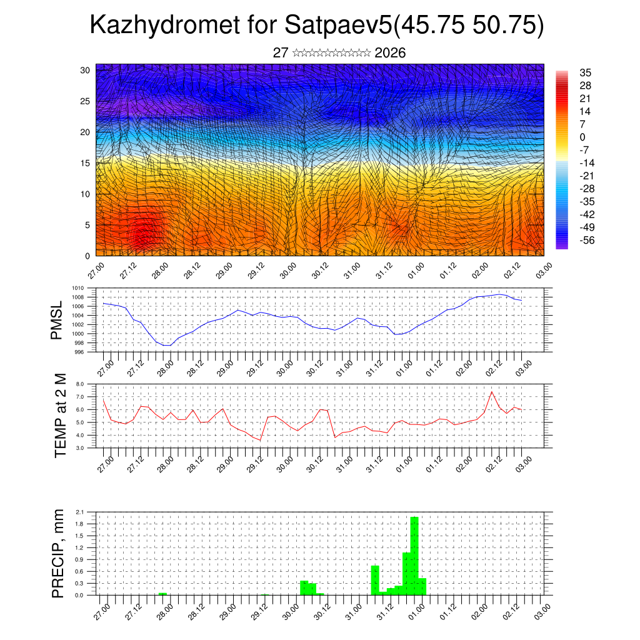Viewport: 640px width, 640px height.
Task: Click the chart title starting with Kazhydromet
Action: point(317,25)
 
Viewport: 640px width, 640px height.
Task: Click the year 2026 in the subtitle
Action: point(390,53)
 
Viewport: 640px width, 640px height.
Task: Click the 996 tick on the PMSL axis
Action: point(77,352)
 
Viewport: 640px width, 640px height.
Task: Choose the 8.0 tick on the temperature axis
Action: point(80,384)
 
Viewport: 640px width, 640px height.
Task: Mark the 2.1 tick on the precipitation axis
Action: point(80,512)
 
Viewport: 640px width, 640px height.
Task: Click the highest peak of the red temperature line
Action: point(492,392)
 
